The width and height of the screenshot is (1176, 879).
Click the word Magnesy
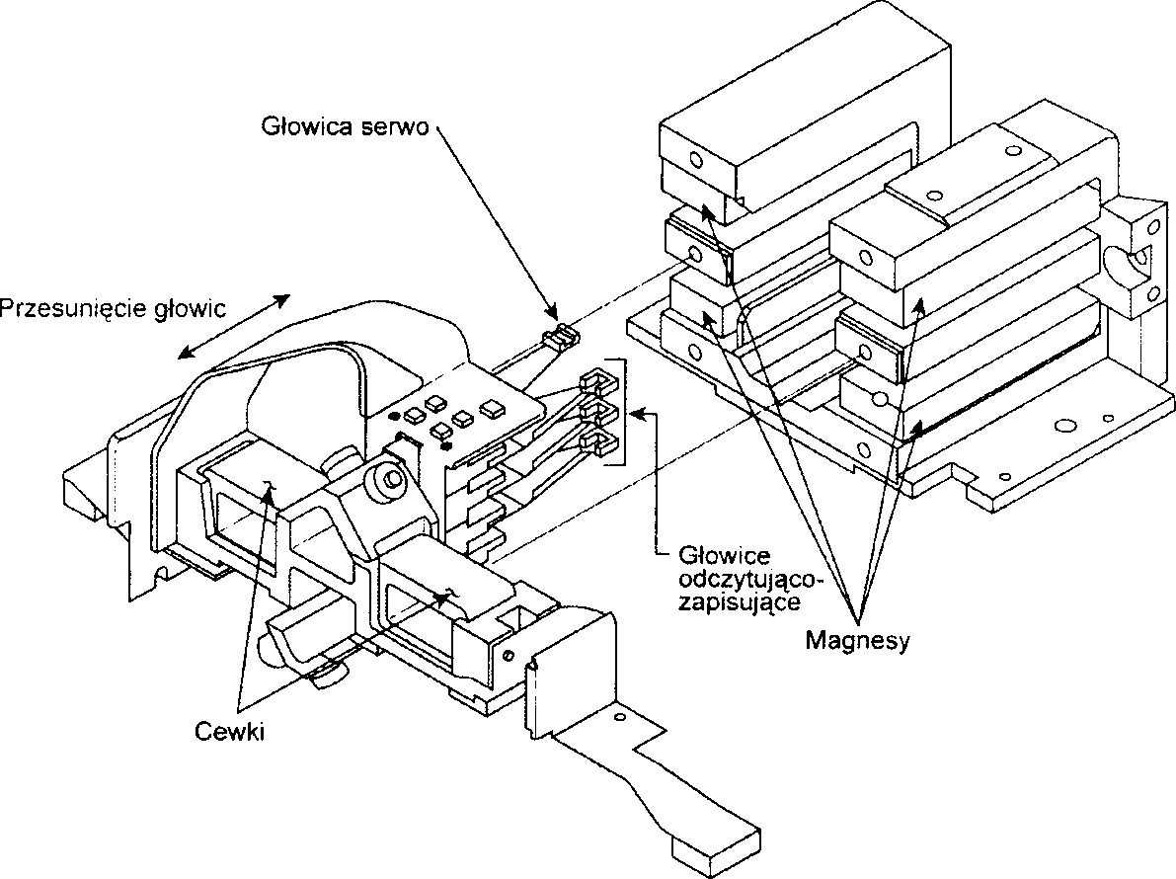(x=857, y=640)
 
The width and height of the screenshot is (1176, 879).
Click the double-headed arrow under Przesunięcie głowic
(x=236, y=327)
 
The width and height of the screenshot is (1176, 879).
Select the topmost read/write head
(x=596, y=379)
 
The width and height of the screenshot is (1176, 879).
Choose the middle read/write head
(x=594, y=409)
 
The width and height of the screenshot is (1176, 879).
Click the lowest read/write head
(x=594, y=440)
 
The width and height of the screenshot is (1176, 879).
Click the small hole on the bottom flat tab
(x=620, y=715)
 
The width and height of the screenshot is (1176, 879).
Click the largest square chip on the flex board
(x=491, y=407)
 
